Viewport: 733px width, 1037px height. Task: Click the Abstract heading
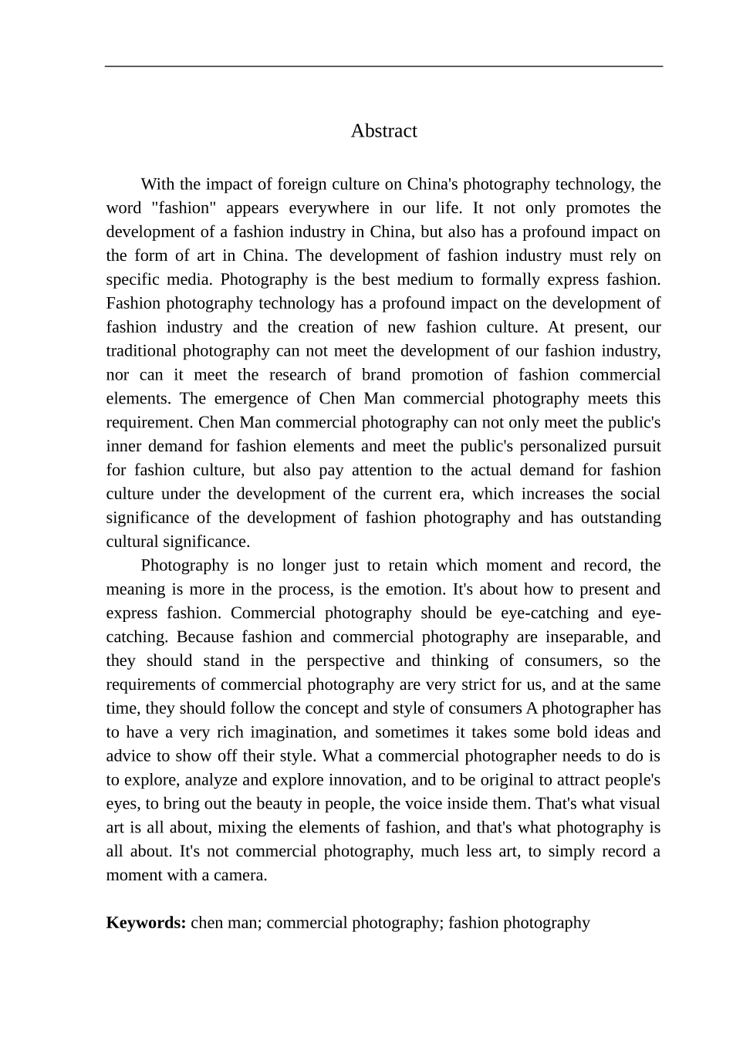pos(383,130)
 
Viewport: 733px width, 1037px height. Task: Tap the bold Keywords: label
pos(146,923)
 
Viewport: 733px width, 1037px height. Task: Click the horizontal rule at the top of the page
pos(383,66)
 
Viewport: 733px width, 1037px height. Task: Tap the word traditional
pos(141,351)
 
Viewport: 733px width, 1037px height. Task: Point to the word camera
pos(241,876)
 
